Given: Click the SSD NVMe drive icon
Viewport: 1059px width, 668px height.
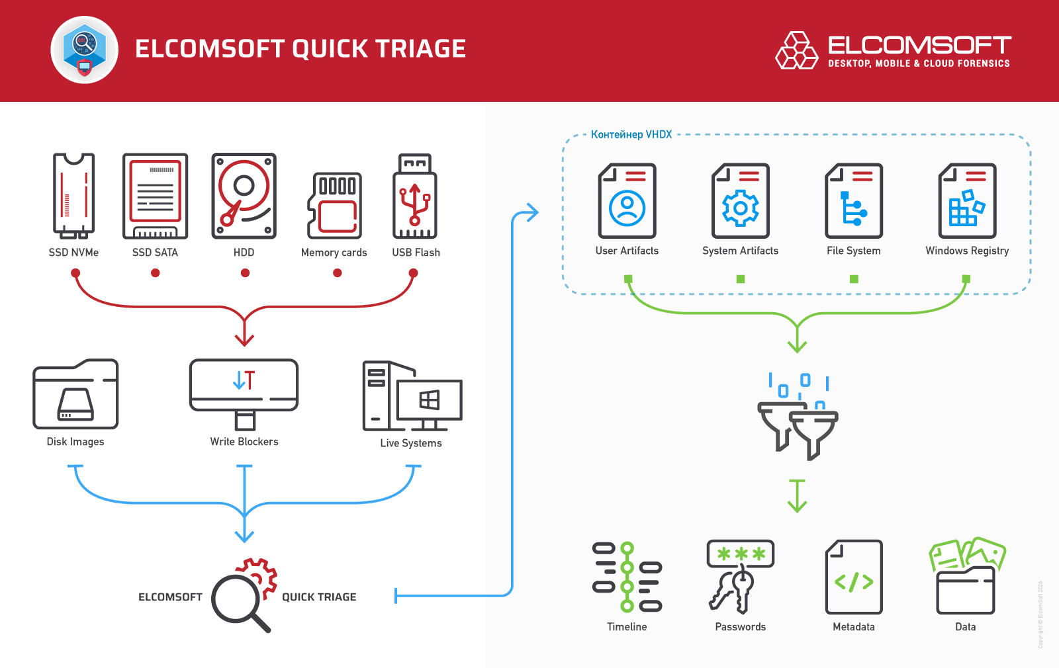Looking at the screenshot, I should (73, 196).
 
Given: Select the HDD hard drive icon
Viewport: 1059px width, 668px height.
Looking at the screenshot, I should (244, 196).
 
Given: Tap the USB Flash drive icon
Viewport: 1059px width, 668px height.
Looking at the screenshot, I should (415, 197).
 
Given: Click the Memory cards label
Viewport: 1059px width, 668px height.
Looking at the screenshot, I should (334, 253).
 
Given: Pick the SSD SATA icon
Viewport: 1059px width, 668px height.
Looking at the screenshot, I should (156, 196).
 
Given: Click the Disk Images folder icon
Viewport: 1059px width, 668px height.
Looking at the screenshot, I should (75, 394).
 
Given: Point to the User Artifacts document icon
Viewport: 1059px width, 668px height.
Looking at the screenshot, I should (627, 201).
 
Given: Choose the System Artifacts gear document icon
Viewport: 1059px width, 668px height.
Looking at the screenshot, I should (740, 201).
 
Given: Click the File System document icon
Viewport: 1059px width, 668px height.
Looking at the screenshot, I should (854, 201).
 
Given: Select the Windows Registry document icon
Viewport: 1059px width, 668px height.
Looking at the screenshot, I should (967, 201).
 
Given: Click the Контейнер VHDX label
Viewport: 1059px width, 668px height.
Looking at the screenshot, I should (631, 135).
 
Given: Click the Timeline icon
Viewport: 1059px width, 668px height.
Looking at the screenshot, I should (627, 577).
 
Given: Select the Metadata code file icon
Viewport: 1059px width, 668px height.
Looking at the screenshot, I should (854, 577).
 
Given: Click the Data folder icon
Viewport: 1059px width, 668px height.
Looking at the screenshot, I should (966, 577).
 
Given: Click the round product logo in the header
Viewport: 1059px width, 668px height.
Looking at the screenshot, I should (85, 50).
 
